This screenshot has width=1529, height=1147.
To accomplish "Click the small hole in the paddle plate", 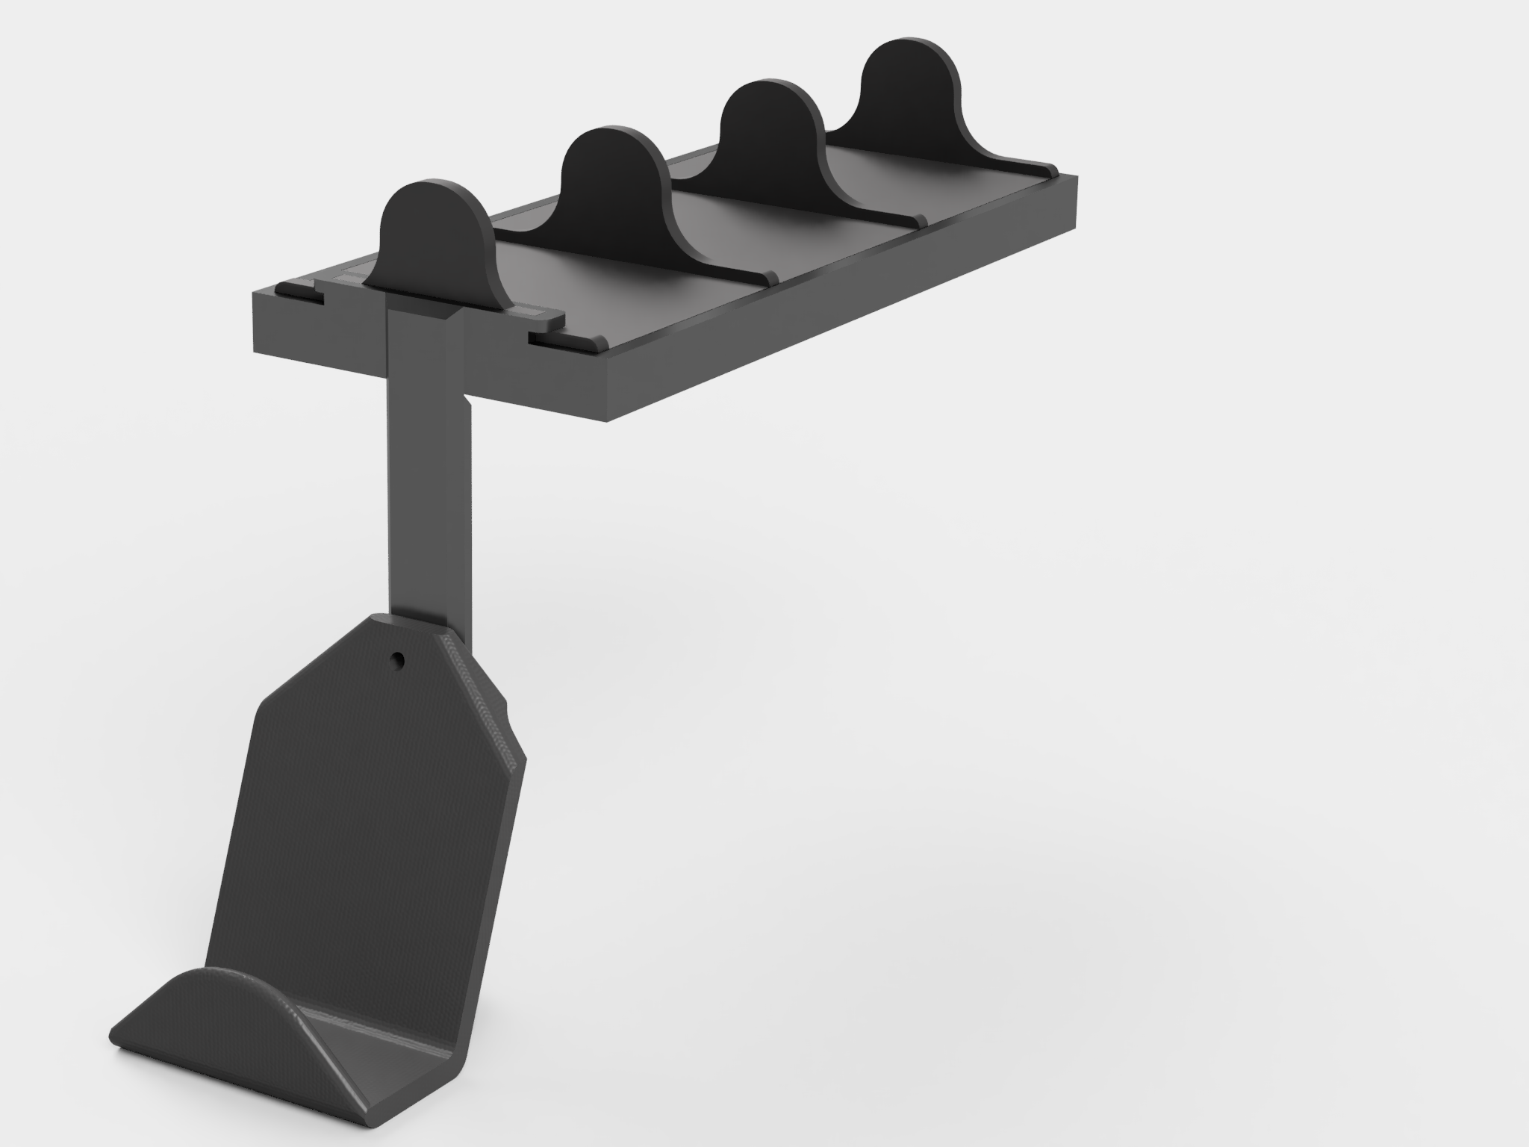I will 399,659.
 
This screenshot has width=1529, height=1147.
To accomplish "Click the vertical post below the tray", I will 429,485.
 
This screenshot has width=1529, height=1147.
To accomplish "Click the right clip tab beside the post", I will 556,340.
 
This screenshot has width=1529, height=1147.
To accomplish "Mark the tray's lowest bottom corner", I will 608,420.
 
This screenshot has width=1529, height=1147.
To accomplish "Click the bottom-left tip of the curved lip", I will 116,1042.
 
